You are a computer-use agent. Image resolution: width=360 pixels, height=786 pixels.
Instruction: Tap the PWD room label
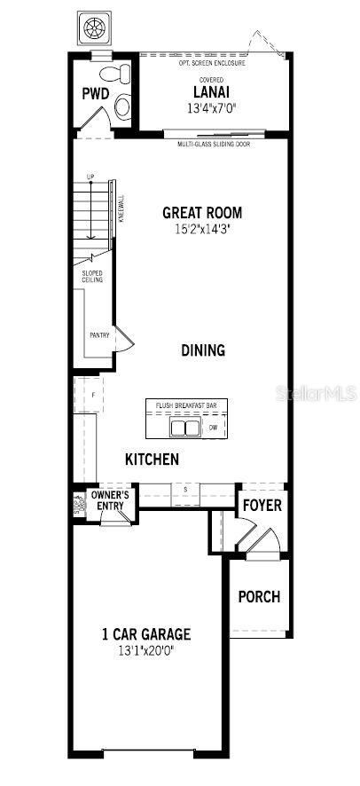coord(95,93)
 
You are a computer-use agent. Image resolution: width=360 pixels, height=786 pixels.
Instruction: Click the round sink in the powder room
coord(121,108)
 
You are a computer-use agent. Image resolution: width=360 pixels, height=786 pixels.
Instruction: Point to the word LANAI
coord(213,91)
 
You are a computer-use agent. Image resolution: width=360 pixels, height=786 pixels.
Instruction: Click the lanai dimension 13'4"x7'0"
coord(213,109)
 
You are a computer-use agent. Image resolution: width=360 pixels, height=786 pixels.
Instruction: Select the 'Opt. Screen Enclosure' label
coord(214,63)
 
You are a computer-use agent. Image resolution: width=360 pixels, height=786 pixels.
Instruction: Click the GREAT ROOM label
coord(202,213)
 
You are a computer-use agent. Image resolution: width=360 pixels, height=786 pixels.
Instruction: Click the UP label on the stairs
coord(90,177)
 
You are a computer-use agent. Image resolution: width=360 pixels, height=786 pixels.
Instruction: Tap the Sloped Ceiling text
coord(93,276)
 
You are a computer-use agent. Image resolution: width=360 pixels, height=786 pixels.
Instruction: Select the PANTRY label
coord(99,335)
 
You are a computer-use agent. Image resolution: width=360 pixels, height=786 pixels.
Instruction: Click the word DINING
coord(203,350)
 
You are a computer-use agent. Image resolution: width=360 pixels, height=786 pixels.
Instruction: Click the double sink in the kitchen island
coord(184,428)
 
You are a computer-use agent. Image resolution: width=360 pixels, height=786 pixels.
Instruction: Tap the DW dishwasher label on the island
coord(213,428)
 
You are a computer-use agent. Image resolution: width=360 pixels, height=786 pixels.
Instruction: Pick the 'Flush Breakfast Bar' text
coord(186,405)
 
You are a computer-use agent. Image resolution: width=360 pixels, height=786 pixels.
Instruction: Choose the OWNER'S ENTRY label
coord(111,499)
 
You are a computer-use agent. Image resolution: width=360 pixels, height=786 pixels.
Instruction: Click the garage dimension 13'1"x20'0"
coord(146,651)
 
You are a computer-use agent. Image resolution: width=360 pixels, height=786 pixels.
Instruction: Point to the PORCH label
coord(259,597)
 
